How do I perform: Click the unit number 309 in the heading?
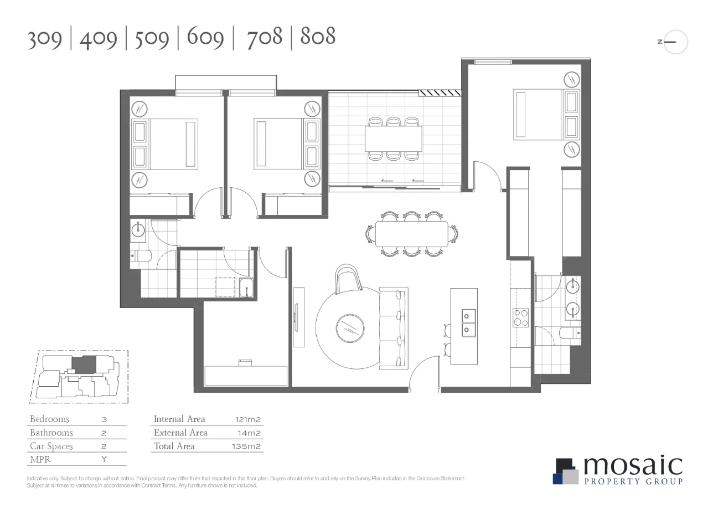pyautogui.click(x=45, y=38)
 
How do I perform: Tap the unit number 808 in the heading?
pyautogui.click(x=318, y=37)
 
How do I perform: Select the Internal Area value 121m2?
pyautogui.click(x=247, y=419)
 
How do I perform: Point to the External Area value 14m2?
pyautogui.click(x=250, y=433)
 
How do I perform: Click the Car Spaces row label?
pyautogui.click(x=51, y=446)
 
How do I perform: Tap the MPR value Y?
pyautogui.click(x=104, y=459)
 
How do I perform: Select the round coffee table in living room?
pyautogui.click(x=349, y=327)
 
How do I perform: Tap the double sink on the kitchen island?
pyautogui.click(x=469, y=322)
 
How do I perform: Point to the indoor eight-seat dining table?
pyautogui.click(x=412, y=234)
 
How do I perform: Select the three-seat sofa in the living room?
pyautogui.click(x=394, y=328)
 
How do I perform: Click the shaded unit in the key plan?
pyautogui.click(x=84, y=364)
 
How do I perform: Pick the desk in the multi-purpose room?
pyautogui.click(x=246, y=375)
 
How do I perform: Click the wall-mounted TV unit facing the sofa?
pyautogui.click(x=298, y=317)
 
